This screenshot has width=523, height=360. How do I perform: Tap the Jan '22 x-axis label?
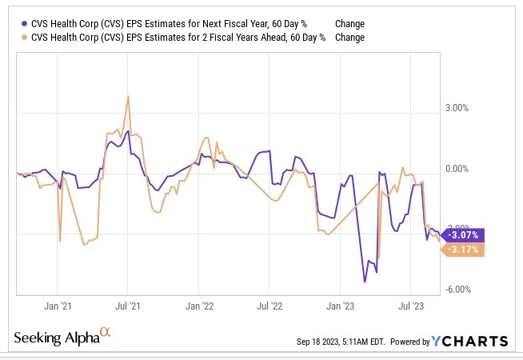click(x=199, y=306)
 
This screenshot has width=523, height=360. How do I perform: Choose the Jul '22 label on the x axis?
click(x=269, y=306)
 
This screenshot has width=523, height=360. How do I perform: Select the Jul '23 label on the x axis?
click(x=410, y=306)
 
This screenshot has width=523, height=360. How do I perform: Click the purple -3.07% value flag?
click(x=463, y=235)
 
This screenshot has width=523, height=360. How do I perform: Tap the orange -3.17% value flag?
click(x=463, y=250)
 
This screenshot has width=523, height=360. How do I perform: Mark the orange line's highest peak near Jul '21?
click(x=128, y=97)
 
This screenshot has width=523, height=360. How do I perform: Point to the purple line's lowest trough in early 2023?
click(x=365, y=282)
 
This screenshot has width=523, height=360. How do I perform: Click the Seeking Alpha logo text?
click(x=56, y=338)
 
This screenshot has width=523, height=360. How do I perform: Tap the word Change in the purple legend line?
click(x=349, y=24)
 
